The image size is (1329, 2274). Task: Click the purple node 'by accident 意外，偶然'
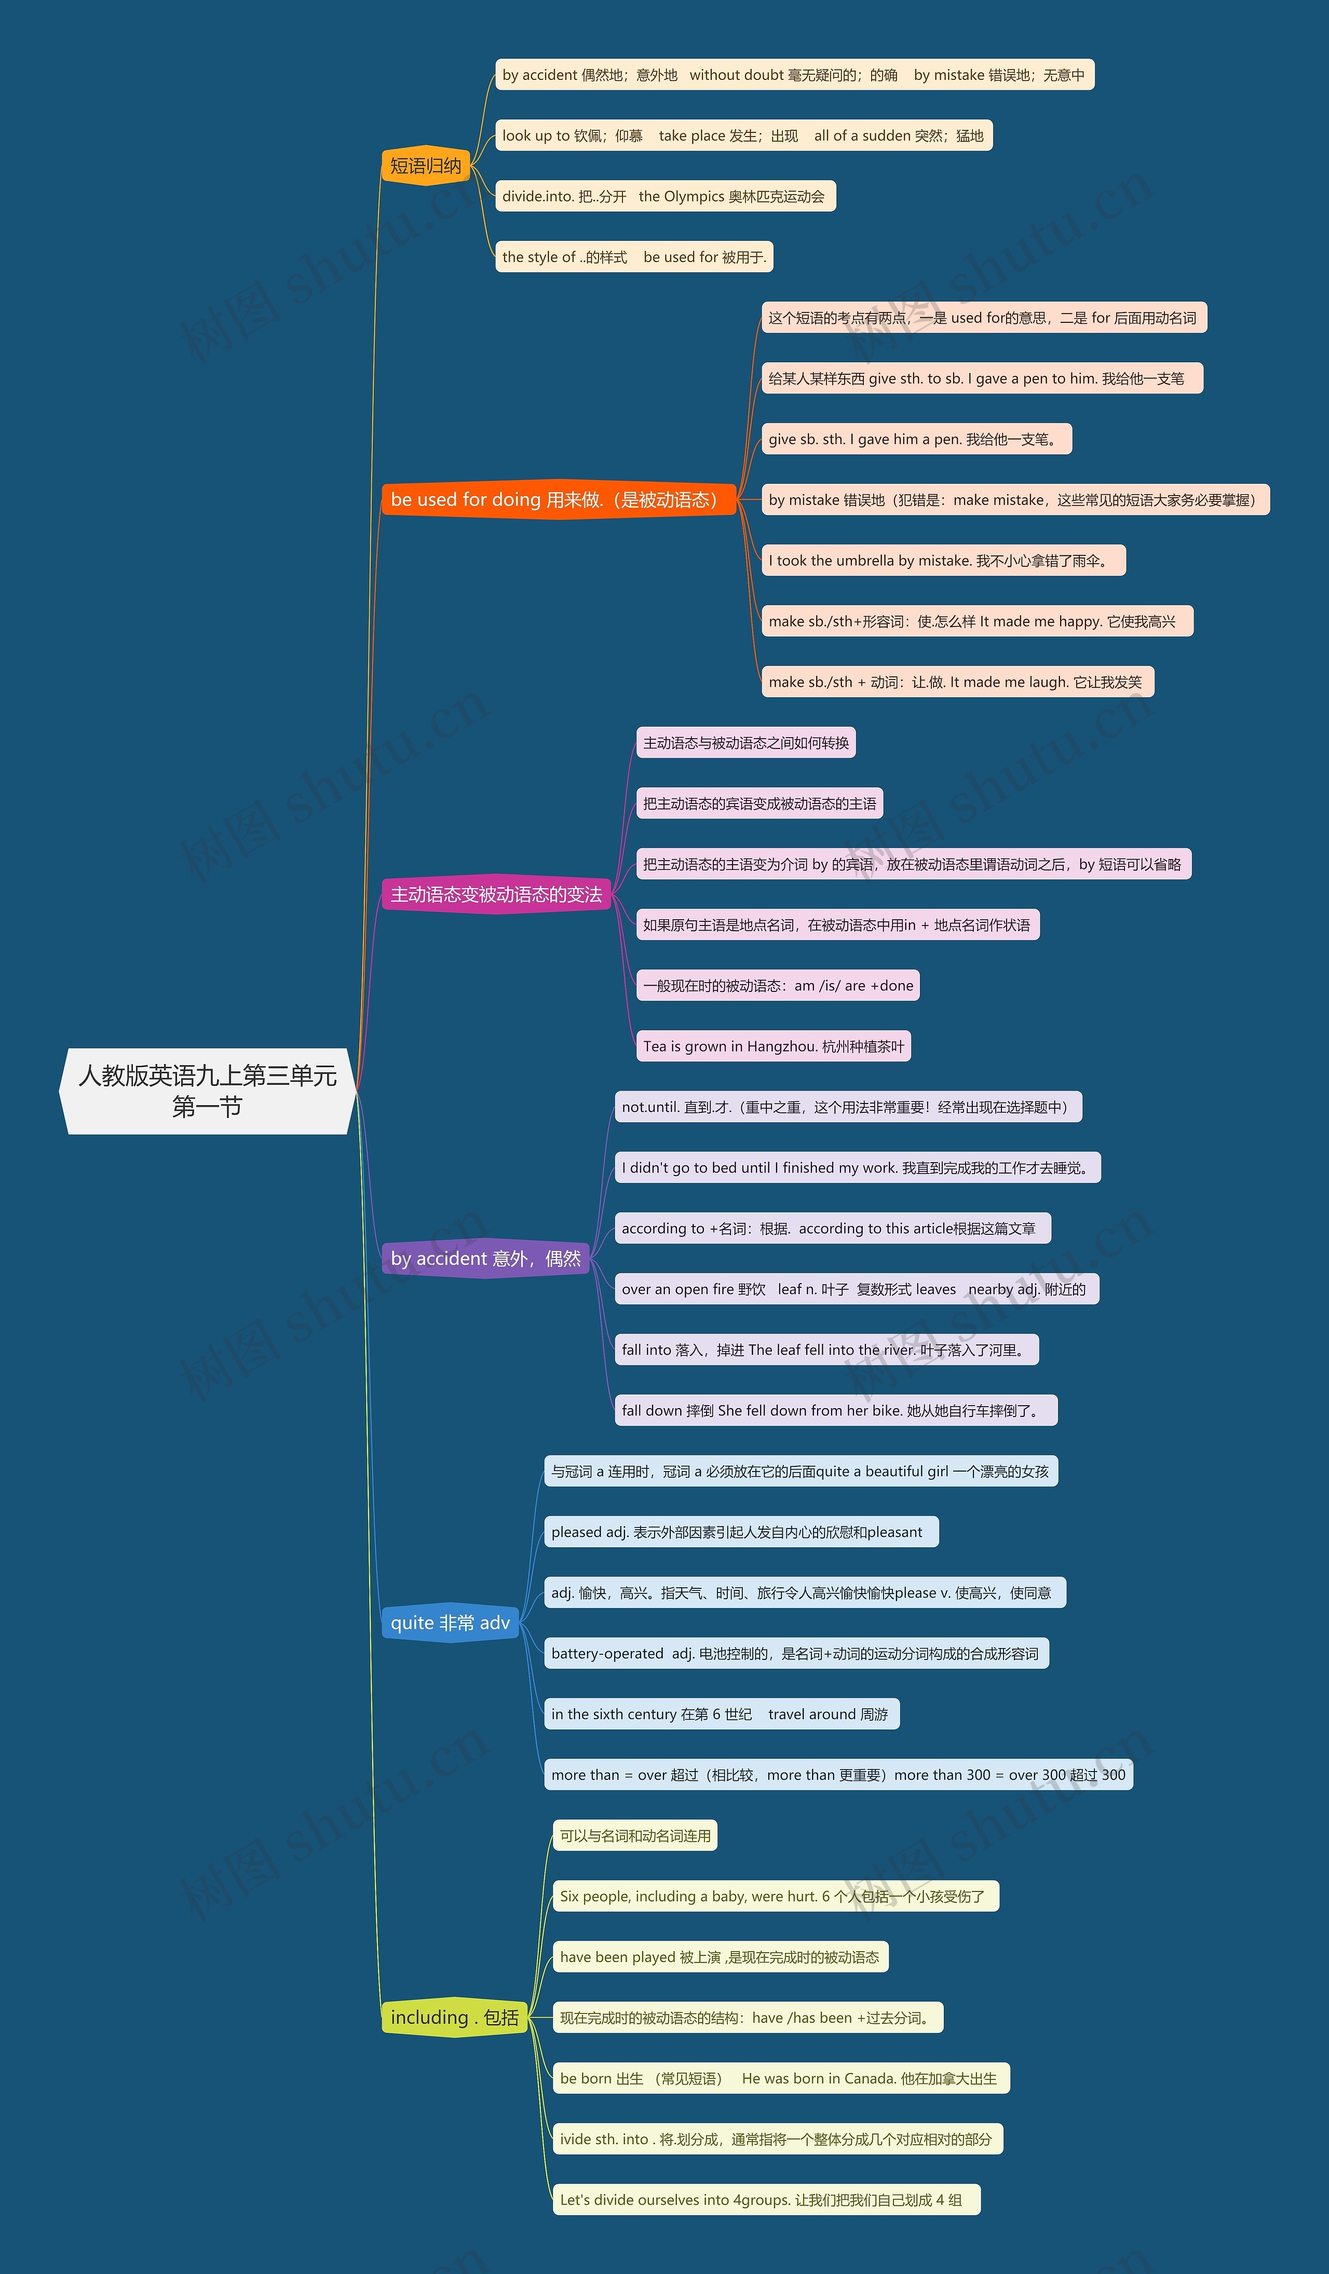pos(485,1258)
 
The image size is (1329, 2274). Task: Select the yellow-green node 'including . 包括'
pos(455,2017)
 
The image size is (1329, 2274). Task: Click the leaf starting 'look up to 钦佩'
pos(742,135)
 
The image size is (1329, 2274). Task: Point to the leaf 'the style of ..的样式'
pos(633,257)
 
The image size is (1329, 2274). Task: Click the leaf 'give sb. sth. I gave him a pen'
pos(916,440)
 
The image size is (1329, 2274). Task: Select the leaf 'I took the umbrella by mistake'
pos(943,561)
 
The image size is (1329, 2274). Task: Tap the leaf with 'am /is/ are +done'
pos(778,985)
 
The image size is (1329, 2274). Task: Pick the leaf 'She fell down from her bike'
pos(835,1410)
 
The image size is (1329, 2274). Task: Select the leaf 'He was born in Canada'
pos(780,2078)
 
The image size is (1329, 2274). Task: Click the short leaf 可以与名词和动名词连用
pos(635,1835)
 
